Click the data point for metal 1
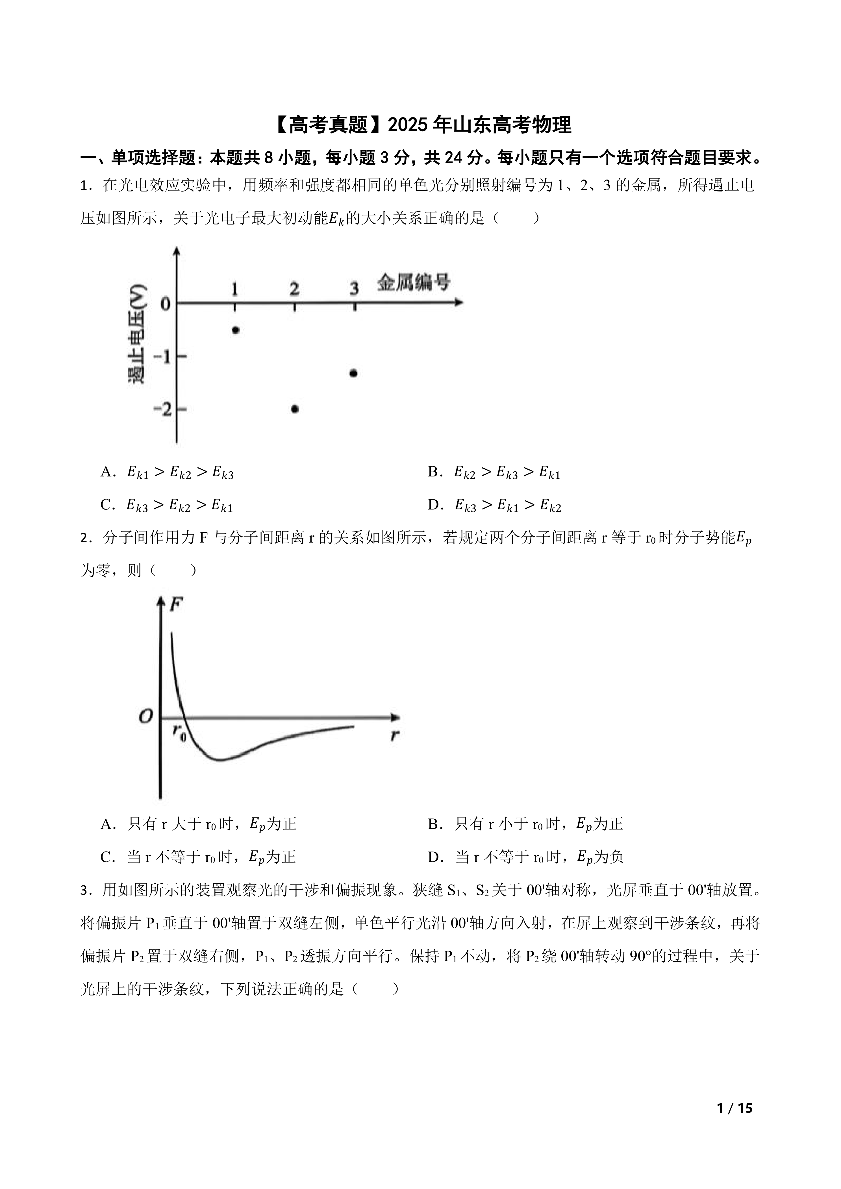(236, 330)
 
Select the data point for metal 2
(295, 409)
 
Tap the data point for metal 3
(354, 373)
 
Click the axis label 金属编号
(413, 283)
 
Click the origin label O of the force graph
(146, 716)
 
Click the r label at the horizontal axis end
(395, 734)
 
